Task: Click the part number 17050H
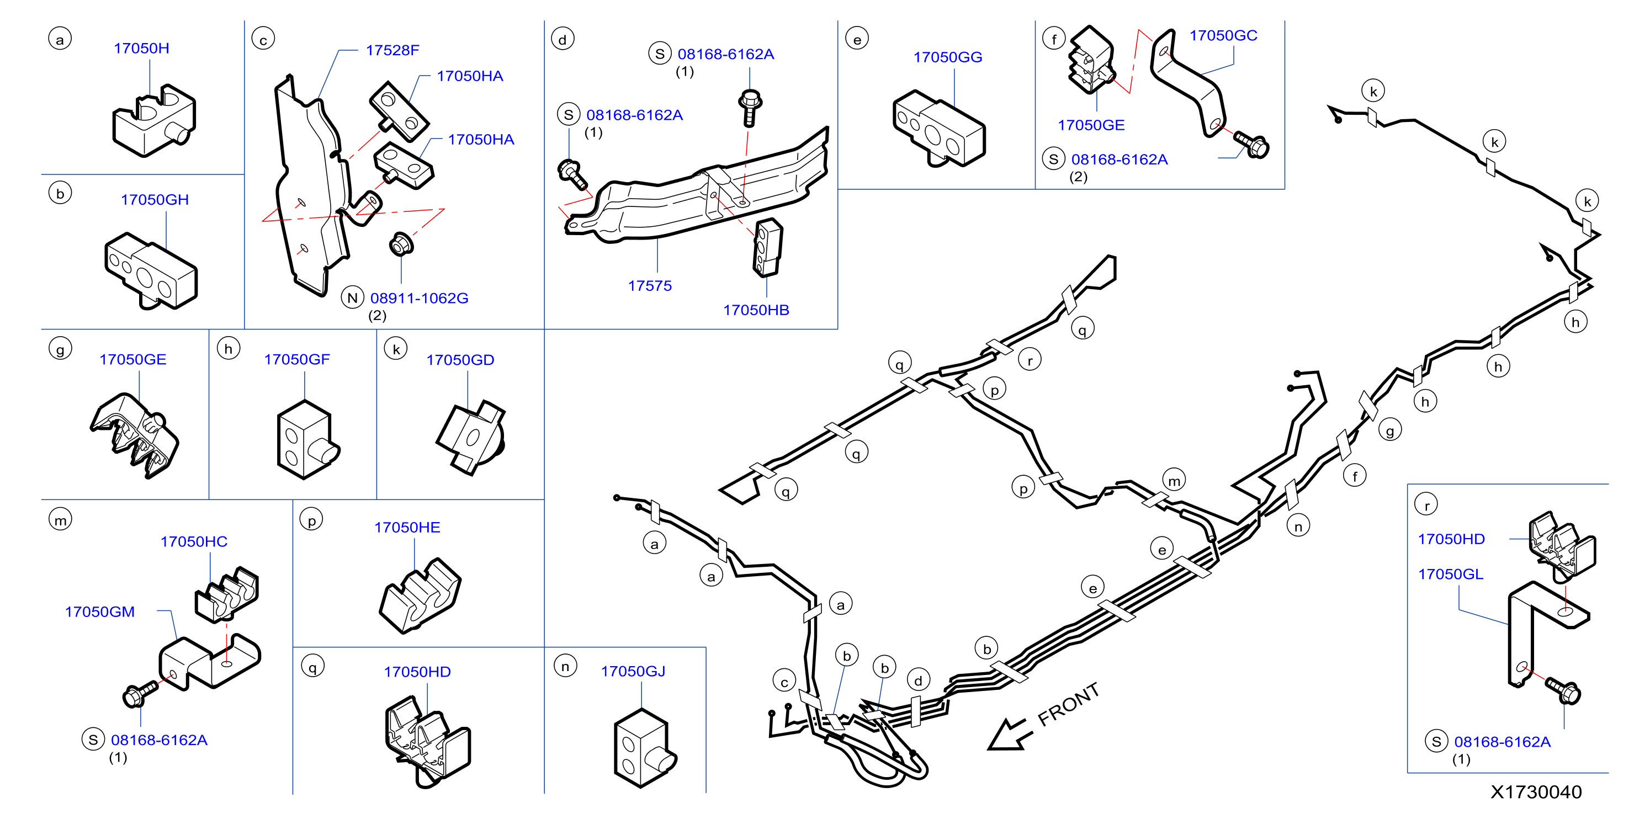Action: pyautogui.click(x=141, y=48)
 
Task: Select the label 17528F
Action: pyautogui.click(x=392, y=50)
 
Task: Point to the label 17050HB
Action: pyautogui.click(x=756, y=310)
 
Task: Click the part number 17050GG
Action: pyautogui.click(x=947, y=57)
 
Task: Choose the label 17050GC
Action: pyautogui.click(x=1223, y=35)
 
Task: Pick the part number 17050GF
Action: pyautogui.click(x=296, y=359)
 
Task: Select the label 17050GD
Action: pyautogui.click(x=460, y=360)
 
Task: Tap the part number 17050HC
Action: pyautogui.click(x=193, y=542)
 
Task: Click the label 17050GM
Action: pyautogui.click(x=100, y=611)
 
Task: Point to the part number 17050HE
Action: pyautogui.click(x=407, y=527)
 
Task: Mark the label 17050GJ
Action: pyautogui.click(x=633, y=671)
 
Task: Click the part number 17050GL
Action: pyautogui.click(x=1450, y=574)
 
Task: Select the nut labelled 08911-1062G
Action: pyautogui.click(x=401, y=244)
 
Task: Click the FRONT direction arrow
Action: pyautogui.click(x=1010, y=735)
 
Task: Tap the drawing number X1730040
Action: pyautogui.click(x=1536, y=792)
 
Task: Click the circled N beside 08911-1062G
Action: pyautogui.click(x=352, y=298)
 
